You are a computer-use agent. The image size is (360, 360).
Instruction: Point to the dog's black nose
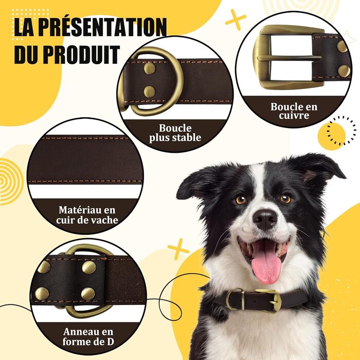tap(265, 219)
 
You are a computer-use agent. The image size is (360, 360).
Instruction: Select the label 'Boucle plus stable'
tap(175, 133)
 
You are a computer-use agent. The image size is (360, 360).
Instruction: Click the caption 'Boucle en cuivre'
tap(294, 111)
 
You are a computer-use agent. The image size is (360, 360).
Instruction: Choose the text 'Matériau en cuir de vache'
tap(87, 215)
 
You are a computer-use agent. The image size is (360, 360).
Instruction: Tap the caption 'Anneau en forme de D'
tap(88, 336)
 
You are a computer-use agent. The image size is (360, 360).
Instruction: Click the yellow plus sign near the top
tap(236, 20)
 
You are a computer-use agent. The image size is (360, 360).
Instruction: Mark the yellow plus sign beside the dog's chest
tap(178, 249)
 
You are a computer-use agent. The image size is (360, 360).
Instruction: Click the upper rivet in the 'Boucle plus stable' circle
tap(150, 68)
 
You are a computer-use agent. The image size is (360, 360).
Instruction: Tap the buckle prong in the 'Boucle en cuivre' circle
tap(290, 58)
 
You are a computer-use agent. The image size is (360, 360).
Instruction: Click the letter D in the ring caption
tap(110, 341)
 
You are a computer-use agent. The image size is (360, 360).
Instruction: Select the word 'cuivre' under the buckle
tap(294, 116)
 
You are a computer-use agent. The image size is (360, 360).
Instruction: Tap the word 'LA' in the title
tap(24, 28)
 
